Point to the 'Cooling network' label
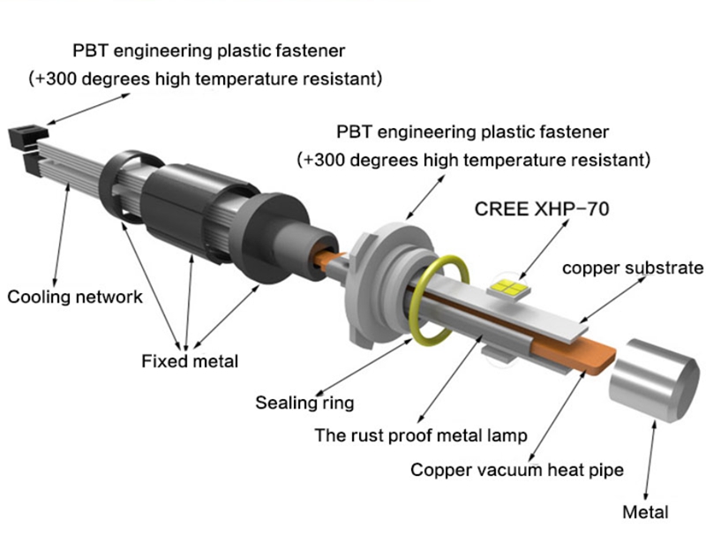point(75,297)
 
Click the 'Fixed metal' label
point(189,360)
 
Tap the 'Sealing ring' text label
point(304,403)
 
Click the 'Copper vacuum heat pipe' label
point(517,470)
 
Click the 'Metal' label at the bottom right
point(645,512)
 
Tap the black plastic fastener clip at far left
point(22,139)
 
